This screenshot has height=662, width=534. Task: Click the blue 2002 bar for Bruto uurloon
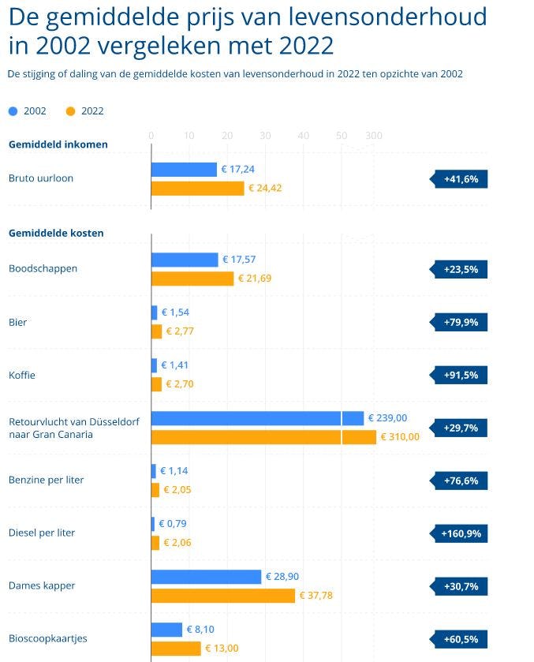pos(184,170)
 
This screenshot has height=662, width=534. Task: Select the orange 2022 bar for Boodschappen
pos(192,279)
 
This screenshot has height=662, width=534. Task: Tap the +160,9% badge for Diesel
pos(461,534)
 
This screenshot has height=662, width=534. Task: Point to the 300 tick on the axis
pos(374,136)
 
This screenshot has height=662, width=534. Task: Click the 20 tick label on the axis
pos(227,136)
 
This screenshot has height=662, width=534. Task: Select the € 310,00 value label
pos(401,437)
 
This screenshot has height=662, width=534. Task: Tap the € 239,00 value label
pos(388,418)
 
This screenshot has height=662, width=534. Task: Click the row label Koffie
pos(21,376)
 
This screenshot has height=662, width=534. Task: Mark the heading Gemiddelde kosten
pos(56,233)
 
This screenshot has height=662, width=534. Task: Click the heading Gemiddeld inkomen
pos(58,144)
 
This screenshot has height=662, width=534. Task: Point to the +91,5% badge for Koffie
pos(461,375)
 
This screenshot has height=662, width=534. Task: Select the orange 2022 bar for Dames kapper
pos(223,596)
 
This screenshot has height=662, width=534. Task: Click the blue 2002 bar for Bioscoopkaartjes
pos(166,630)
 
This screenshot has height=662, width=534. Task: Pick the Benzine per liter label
pos(46,481)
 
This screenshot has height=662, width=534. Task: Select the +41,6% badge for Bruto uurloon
pos(461,179)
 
